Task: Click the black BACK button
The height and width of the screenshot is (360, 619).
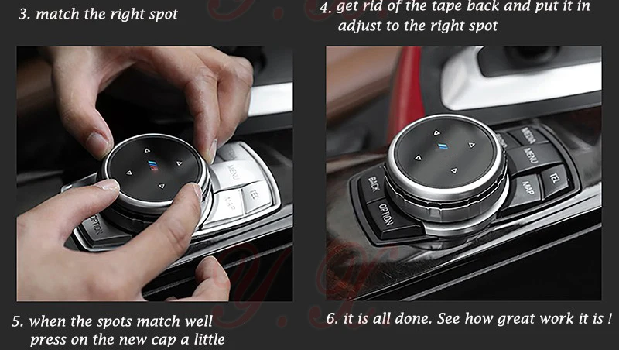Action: coord(372,185)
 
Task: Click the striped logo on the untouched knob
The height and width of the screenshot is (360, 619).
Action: coord(442,146)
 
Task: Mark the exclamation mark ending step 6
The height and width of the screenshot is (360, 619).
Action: coord(610,317)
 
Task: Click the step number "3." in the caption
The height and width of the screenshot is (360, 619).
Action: coord(25,15)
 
